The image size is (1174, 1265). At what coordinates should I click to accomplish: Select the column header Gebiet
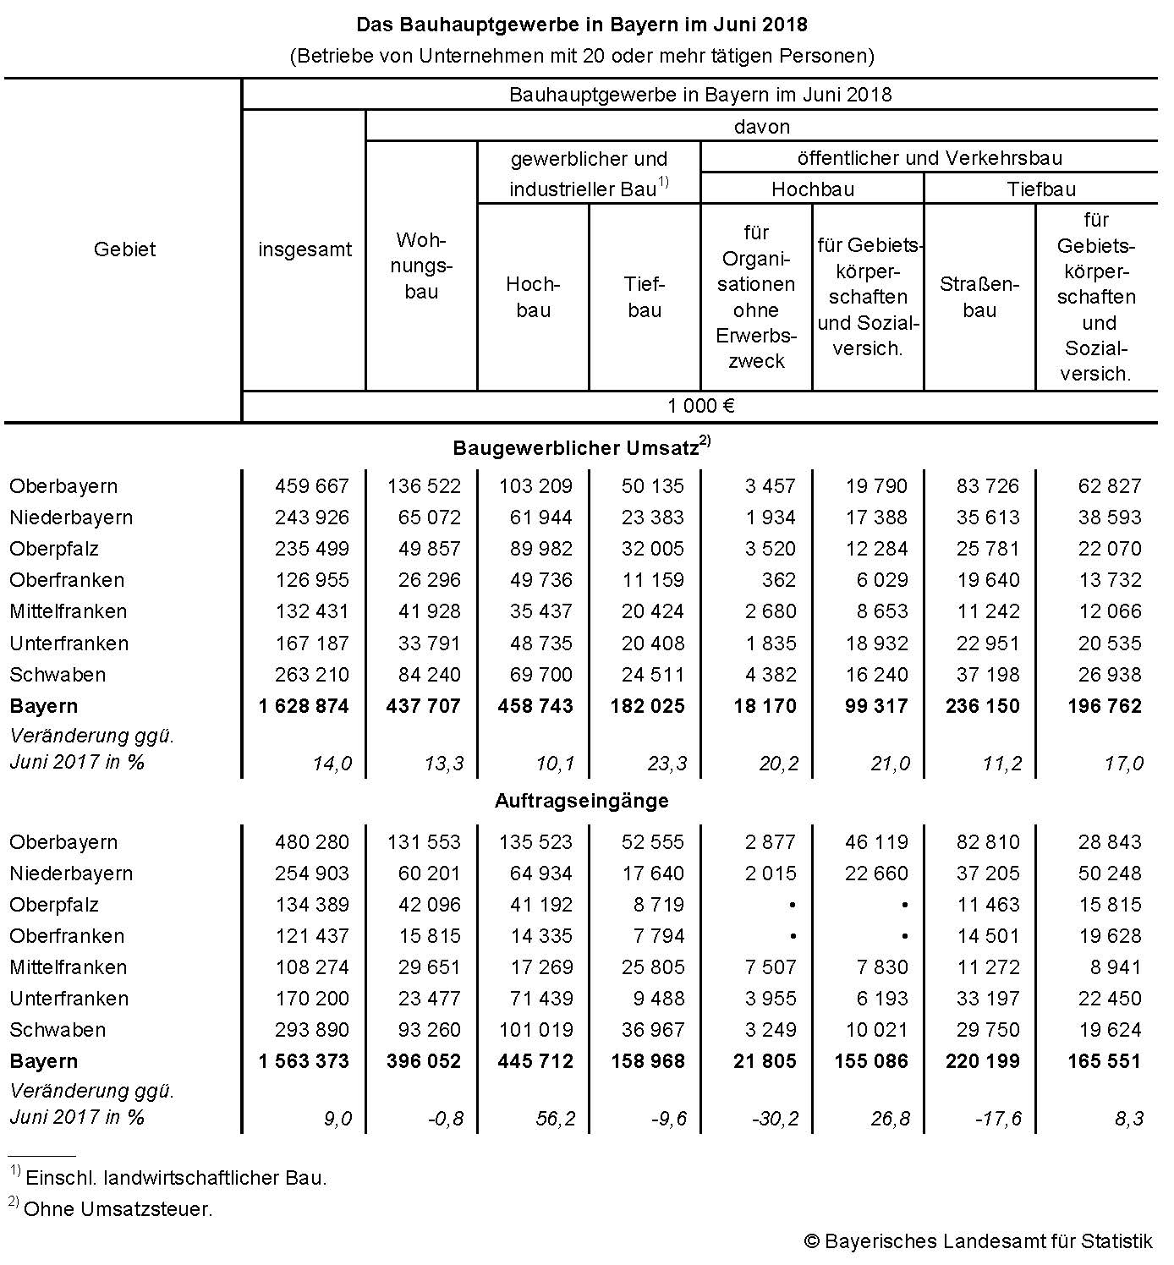[124, 249]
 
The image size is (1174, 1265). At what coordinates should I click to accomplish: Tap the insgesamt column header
[304, 249]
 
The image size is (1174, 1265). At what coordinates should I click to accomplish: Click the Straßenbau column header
[979, 297]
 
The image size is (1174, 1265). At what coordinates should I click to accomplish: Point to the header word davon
[762, 127]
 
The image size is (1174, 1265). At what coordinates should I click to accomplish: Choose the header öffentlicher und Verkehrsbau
[930, 158]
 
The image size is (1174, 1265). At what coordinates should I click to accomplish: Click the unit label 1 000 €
[700, 406]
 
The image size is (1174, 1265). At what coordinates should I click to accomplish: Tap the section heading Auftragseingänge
[581, 800]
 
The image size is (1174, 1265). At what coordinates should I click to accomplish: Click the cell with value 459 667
[311, 486]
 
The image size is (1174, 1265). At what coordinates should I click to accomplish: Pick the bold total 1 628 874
[304, 706]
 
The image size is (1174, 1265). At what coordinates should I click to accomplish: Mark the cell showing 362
[778, 580]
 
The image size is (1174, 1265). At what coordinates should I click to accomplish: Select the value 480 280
[311, 842]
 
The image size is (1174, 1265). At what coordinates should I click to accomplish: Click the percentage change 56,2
[555, 1119]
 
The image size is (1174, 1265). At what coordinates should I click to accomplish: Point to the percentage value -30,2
[775, 1119]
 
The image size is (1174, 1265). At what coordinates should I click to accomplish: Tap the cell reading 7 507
[771, 967]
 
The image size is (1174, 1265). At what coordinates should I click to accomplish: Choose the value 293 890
[311, 1030]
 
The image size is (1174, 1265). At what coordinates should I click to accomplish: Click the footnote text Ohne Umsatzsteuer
[118, 1209]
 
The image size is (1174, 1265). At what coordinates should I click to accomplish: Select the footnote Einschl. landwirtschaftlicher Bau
[176, 1177]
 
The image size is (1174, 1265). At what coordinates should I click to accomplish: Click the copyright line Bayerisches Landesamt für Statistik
[978, 1241]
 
